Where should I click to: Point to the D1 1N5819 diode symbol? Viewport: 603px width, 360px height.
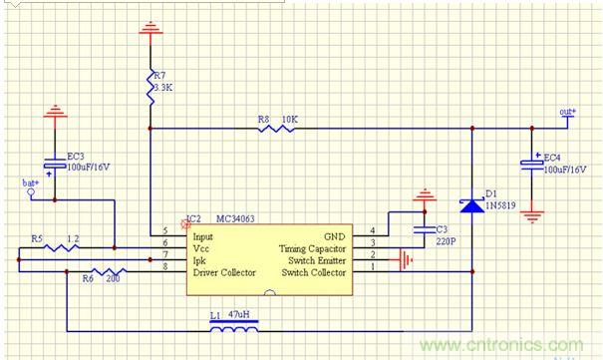pos(469,205)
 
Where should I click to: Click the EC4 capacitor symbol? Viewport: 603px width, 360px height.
pos(532,164)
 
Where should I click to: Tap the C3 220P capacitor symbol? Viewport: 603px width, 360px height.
pos(427,235)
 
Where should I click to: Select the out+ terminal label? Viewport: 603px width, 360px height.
pos(566,113)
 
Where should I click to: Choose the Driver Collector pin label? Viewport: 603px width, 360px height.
pos(226,271)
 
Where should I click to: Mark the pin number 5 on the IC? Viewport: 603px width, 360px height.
pos(164,230)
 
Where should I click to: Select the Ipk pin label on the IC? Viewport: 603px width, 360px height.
pos(198,259)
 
